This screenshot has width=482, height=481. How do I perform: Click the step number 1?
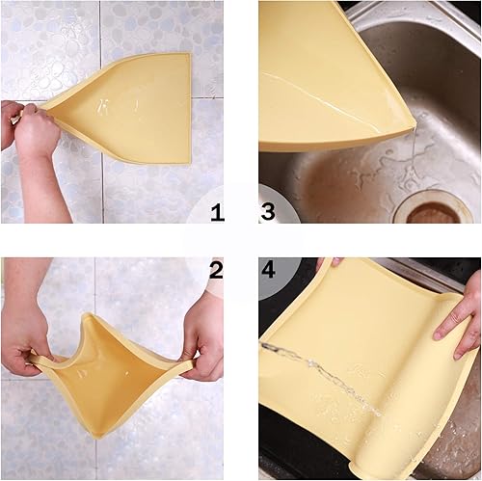pyautogui.click(x=218, y=213)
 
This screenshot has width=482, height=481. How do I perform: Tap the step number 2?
pyautogui.click(x=218, y=270)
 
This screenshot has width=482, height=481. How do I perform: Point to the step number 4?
pyautogui.click(x=268, y=270)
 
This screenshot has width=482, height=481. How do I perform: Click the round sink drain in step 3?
pyautogui.click(x=439, y=210)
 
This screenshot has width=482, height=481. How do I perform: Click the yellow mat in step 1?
pyautogui.click(x=135, y=106)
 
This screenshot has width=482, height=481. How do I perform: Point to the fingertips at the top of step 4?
pyautogui.click(x=329, y=262)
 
